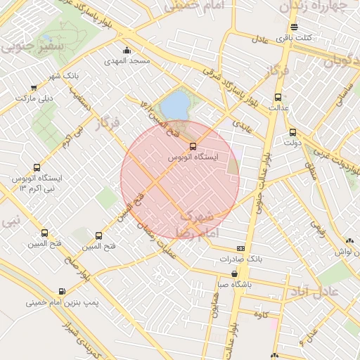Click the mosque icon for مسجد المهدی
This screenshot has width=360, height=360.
pos(127,51)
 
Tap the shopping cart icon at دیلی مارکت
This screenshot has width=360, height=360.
pos(34,88)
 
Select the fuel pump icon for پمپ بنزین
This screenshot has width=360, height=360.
pos(63,291)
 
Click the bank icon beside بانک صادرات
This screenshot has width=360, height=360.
pos(241,248)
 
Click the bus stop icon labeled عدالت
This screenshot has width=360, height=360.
pos(277,98)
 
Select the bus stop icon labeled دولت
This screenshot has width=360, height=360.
pos(292,132)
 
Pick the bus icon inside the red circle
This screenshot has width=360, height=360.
pos(193,146)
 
